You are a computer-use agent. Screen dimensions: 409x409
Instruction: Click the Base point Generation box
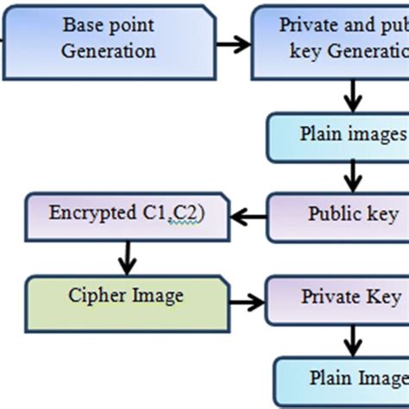pos(108,38)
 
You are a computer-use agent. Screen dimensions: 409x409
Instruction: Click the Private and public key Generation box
pos(332,38)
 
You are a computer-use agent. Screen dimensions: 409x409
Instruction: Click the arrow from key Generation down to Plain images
pos(352,93)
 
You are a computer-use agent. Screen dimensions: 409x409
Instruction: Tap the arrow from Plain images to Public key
pos(352,176)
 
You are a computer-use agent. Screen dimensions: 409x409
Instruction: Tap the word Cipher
pos(93,296)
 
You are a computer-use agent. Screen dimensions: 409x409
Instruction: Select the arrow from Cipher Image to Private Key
pos(248,301)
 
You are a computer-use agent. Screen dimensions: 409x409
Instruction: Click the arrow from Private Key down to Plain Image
pos(352,341)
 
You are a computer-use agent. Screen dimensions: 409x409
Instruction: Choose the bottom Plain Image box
pos(343,381)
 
